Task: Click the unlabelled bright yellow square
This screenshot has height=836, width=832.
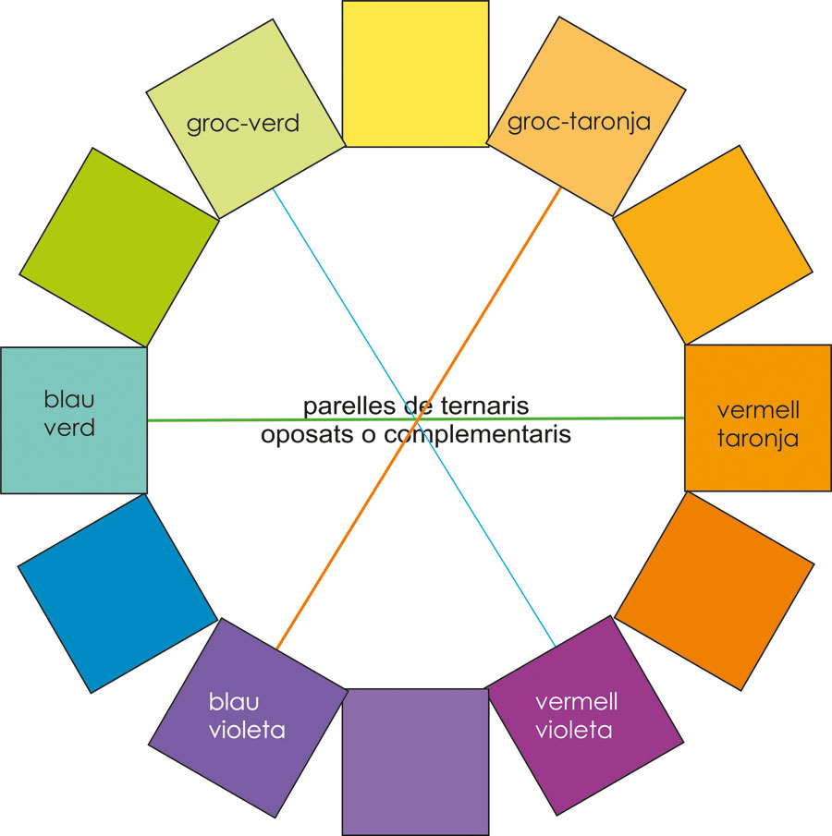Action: pyautogui.click(x=415, y=72)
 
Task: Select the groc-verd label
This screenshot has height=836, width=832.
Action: pyautogui.click(x=243, y=123)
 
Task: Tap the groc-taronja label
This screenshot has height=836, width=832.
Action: pyautogui.click(x=580, y=120)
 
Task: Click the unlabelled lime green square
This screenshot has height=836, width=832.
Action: pyautogui.click(x=117, y=247)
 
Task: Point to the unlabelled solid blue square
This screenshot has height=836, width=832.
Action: pyautogui.click(x=116, y=592)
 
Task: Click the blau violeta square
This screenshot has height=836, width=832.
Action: pyautogui.click(x=246, y=716)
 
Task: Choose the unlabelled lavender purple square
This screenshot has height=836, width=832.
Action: pyautogui.click(x=414, y=762)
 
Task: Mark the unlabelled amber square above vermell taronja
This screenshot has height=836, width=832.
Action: pyautogui.click(x=713, y=245)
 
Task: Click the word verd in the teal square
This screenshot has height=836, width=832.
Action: pyautogui.click(x=69, y=429)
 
